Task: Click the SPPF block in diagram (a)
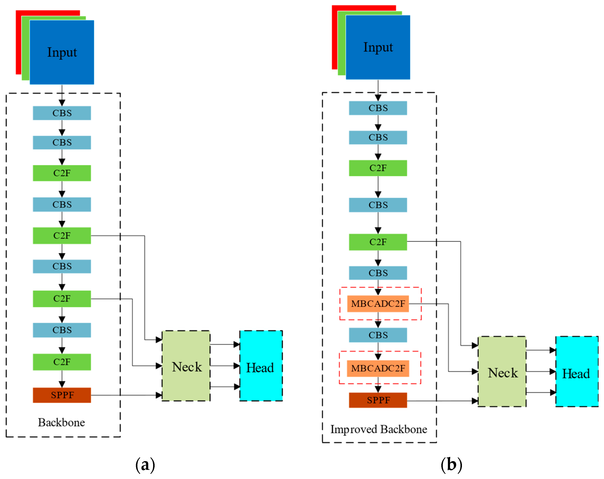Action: (x=62, y=395)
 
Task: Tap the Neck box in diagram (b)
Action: (x=502, y=372)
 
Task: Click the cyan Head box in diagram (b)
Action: (x=577, y=372)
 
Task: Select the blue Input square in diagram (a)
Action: (x=62, y=52)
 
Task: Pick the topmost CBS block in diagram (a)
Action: (x=62, y=113)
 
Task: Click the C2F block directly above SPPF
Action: (x=62, y=362)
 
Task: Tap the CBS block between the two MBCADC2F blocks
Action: (x=378, y=335)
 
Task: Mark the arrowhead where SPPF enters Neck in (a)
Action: (x=159, y=395)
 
